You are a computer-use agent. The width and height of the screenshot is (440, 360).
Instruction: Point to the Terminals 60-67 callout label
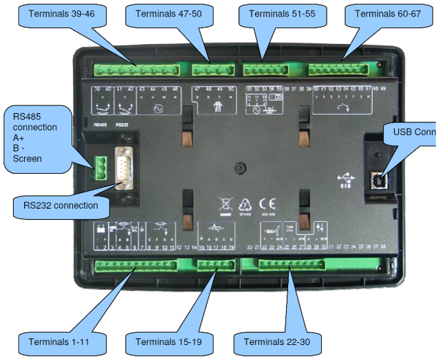[x=385, y=14]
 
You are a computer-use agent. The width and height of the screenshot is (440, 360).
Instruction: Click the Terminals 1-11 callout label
[x=58, y=341]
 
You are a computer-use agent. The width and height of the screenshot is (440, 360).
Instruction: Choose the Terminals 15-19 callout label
[x=165, y=341]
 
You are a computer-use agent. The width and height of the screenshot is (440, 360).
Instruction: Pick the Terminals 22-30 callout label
[x=274, y=341]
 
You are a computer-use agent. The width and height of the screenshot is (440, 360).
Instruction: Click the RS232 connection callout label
[x=60, y=205]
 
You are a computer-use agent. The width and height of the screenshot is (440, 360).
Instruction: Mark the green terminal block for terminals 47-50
[x=212, y=69]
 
